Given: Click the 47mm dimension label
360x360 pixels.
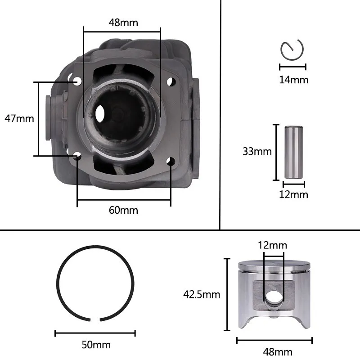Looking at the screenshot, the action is click(x=19, y=119).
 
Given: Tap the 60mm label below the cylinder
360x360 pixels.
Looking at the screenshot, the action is click(x=123, y=210).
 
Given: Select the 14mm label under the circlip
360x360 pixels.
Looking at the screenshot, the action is click(x=294, y=80).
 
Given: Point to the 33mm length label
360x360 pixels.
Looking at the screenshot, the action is click(x=257, y=152).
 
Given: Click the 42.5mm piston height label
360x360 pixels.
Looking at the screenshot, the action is click(x=202, y=295).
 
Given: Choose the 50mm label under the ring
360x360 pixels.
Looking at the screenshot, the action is click(x=96, y=345).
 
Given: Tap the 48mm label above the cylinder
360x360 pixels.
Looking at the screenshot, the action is click(x=123, y=23).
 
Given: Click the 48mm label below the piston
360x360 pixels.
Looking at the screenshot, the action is click(x=278, y=352).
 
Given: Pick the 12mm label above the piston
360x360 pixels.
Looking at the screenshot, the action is click(x=273, y=245).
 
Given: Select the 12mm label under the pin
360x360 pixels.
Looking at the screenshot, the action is click(x=294, y=195).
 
